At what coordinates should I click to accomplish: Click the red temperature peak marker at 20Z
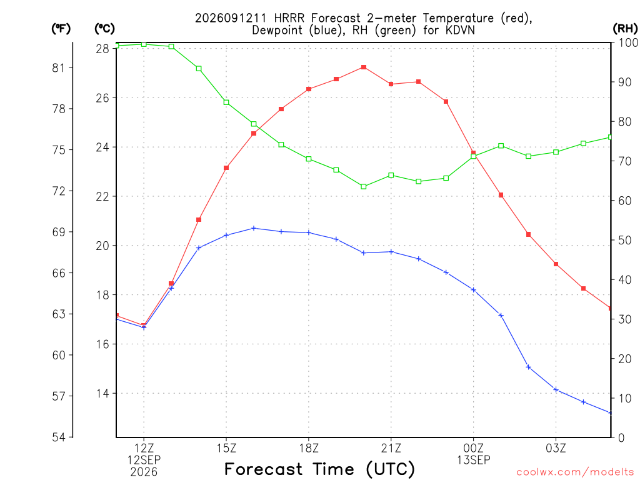(x=364, y=67)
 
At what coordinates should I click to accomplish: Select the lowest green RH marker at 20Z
(x=364, y=186)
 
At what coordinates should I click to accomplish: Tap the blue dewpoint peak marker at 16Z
(x=254, y=228)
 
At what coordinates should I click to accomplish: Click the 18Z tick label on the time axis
(x=309, y=448)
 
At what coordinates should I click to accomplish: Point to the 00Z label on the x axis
(x=474, y=448)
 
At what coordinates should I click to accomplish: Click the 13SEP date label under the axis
(x=474, y=460)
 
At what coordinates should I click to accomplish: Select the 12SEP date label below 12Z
(x=144, y=460)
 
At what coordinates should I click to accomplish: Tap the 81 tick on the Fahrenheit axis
(x=59, y=67)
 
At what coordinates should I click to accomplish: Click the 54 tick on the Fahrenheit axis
(x=59, y=437)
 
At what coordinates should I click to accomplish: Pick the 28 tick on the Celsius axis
(x=102, y=49)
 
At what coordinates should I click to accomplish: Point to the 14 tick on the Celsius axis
(x=102, y=394)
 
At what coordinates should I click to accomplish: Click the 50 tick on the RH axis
(x=624, y=240)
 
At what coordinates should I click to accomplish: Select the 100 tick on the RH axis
(x=627, y=42)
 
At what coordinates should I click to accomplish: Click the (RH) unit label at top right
(x=625, y=28)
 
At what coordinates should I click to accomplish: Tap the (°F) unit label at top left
(x=61, y=29)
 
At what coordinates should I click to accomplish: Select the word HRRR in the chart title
(x=288, y=18)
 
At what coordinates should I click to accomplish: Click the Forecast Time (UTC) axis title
(x=319, y=469)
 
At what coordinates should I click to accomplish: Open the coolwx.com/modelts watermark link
(x=575, y=472)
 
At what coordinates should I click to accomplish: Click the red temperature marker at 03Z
(x=556, y=264)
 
